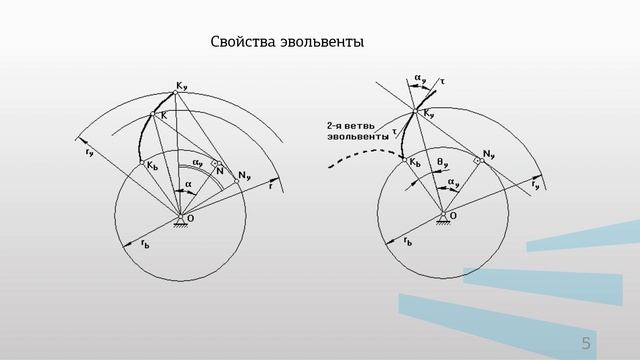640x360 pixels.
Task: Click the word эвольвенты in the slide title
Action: click(x=322, y=43)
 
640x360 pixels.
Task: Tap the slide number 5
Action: click(x=586, y=344)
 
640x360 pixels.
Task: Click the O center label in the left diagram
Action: click(x=190, y=218)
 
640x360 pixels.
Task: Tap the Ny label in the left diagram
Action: click(x=244, y=175)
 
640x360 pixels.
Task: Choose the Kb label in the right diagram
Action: click(x=415, y=159)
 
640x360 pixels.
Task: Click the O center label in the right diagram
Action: click(x=453, y=215)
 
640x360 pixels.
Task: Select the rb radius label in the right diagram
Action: click(x=406, y=242)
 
